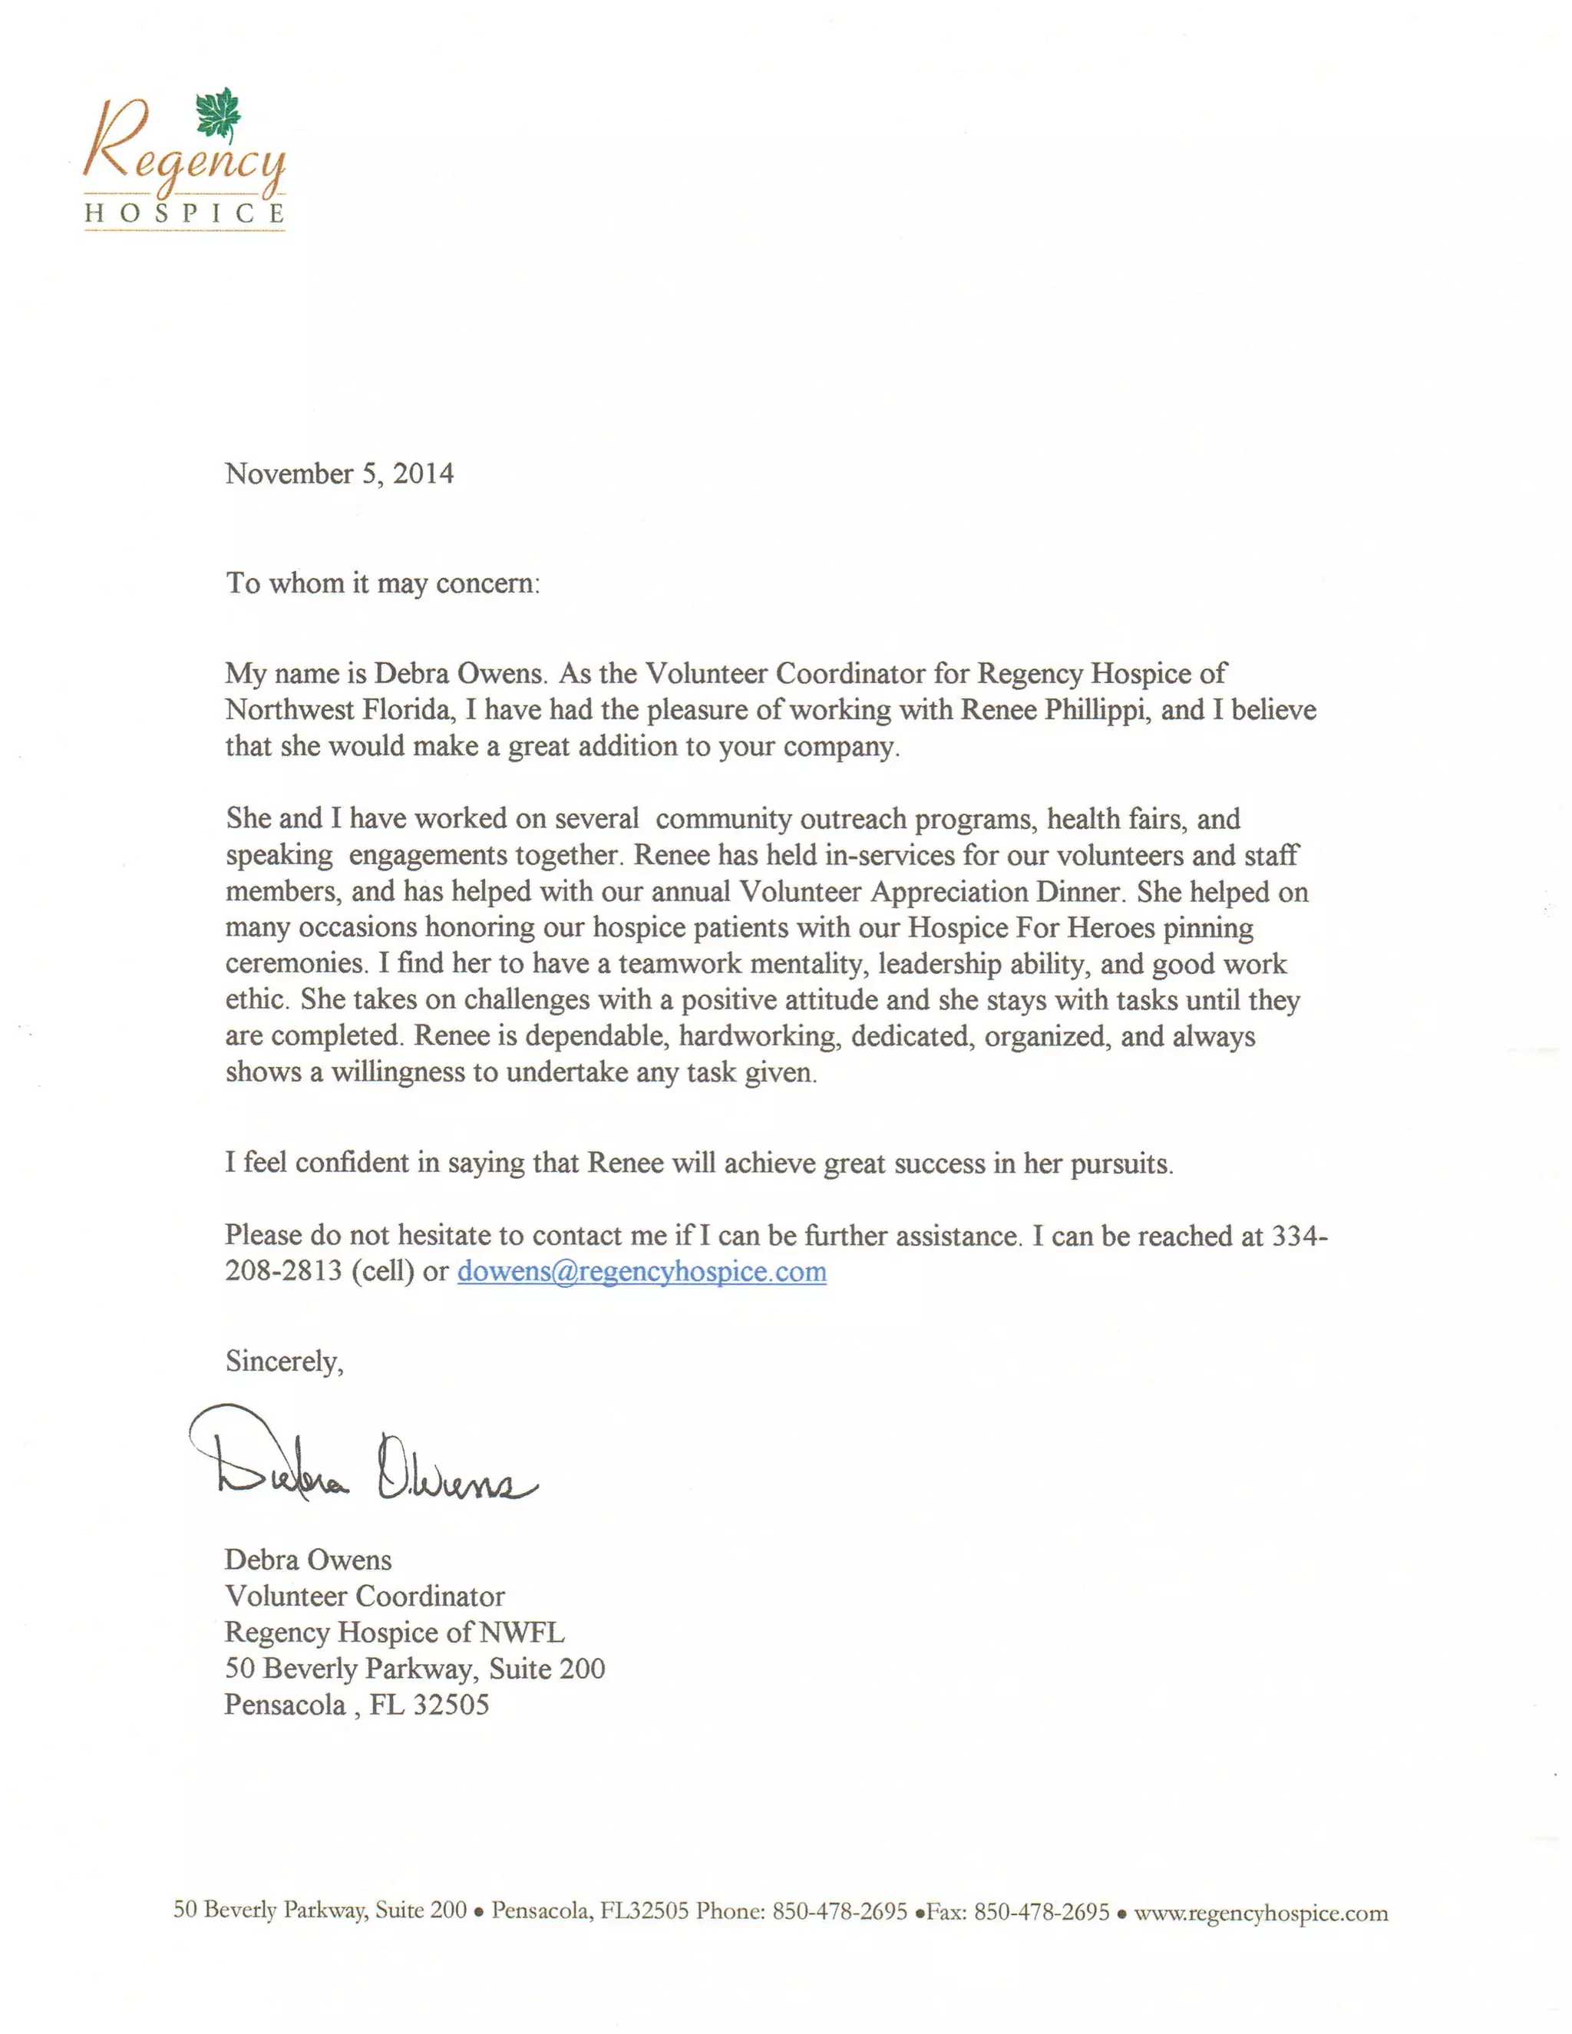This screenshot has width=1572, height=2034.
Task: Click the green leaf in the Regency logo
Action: pos(219,114)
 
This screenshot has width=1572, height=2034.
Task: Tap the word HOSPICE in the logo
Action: pos(184,213)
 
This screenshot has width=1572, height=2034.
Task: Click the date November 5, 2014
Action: pos(339,474)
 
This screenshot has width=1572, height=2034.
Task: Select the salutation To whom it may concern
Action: pos(383,584)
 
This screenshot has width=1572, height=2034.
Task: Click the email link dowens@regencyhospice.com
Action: pos(642,1272)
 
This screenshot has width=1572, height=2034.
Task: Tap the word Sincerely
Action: pos(284,1362)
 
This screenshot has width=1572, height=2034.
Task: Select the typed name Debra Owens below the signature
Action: pos(309,1560)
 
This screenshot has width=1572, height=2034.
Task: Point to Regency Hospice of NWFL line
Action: pos(394,1633)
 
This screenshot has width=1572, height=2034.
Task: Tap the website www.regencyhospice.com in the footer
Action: pos(1260,1913)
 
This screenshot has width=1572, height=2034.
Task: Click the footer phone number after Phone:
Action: pos(839,1912)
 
